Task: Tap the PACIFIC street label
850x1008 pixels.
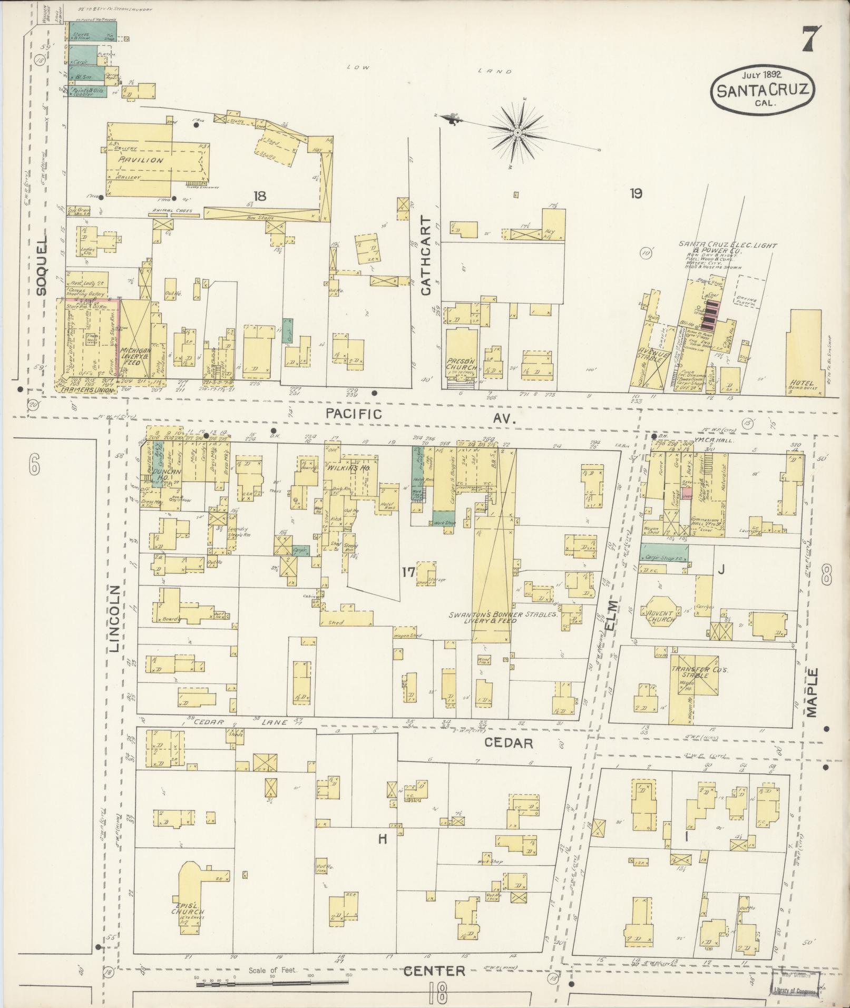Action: (x=354, y=414)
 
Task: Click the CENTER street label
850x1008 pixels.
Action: (x=435, y=971)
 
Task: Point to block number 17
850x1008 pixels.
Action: (x=408, y=572)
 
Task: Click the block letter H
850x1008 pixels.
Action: (x=382, y=839)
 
